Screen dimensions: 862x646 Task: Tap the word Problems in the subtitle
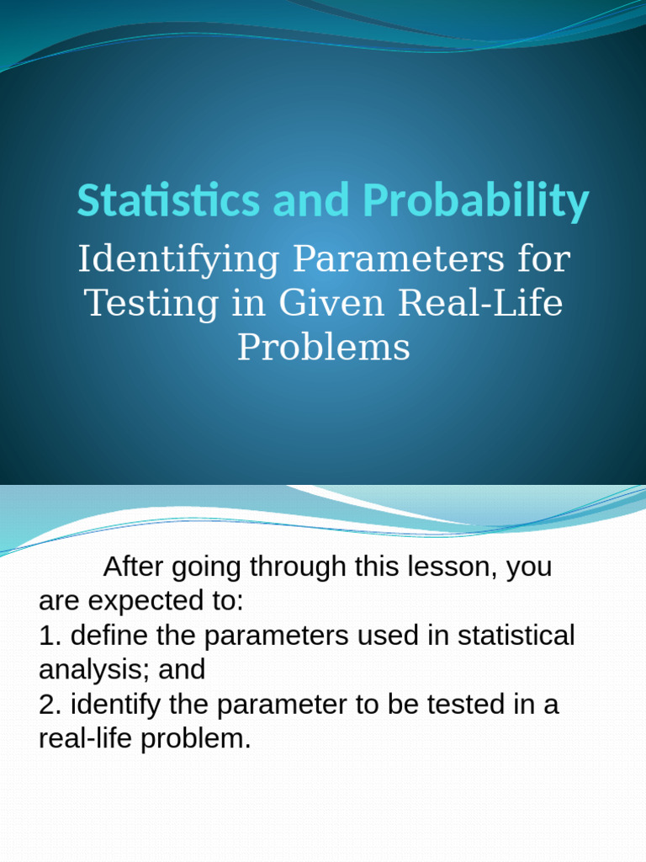point(323,347)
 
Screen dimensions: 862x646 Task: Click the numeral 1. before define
point(50,636)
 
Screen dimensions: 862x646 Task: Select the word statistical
point(516,636)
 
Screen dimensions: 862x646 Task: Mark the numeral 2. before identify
point(50,705)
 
